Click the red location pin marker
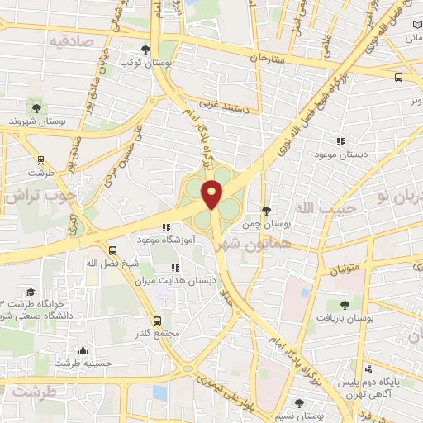212,193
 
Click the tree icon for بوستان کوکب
146,49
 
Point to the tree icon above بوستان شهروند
36,107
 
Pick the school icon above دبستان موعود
340,141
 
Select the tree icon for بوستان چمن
265,211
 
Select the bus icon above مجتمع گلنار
157,320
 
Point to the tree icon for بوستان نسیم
299,402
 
